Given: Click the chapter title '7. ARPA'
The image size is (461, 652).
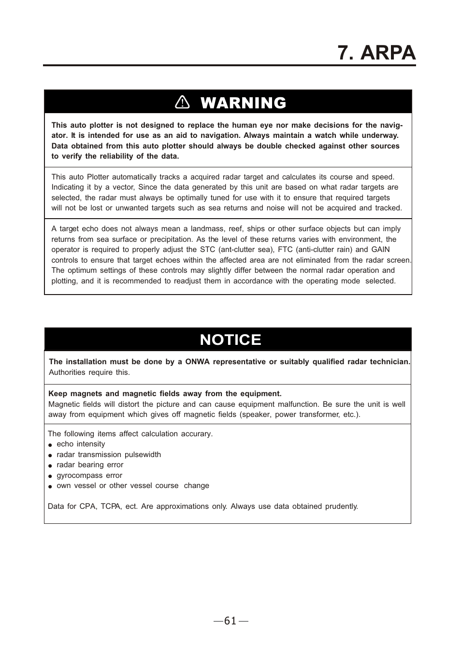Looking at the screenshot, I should point(376,52).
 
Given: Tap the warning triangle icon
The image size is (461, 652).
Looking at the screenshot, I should point(183,102).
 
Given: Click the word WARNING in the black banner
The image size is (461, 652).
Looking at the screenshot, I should point(243,103).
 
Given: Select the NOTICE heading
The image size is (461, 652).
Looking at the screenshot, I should point(230,340).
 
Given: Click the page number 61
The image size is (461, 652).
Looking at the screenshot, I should point(231,621).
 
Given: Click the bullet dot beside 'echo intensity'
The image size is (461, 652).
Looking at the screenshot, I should point(50,445).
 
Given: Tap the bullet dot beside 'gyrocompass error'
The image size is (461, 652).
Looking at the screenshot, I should point(50,476).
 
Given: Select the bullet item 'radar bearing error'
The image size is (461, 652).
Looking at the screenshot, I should point(90,465).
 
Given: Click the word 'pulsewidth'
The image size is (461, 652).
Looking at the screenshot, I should point(143,455).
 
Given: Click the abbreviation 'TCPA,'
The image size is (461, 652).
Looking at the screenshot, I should point(111,506).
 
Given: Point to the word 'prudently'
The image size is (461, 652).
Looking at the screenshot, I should point(341,506).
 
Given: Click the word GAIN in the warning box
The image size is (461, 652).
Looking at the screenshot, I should point(380,250).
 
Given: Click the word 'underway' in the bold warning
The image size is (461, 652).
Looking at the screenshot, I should point(380,135).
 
